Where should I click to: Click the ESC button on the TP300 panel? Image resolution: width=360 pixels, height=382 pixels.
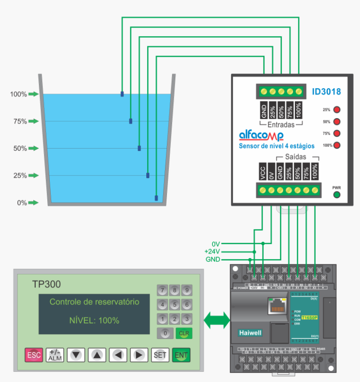[34, 355]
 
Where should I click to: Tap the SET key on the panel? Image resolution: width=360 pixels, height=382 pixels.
[160, 355]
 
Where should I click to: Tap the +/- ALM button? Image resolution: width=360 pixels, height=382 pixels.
[55, 355]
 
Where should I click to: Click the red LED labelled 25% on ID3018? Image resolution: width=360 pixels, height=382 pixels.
[337, 110]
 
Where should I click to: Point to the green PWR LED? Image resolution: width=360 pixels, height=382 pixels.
[336, 195]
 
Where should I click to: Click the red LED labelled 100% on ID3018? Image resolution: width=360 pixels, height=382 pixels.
[337, 145]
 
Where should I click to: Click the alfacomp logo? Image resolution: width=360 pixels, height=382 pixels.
[261, 136]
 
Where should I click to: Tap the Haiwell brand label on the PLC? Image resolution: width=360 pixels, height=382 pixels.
[250, 332]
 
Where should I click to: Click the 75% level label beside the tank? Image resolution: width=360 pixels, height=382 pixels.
[20, 122]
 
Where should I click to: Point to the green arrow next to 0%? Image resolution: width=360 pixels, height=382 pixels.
[33, 203]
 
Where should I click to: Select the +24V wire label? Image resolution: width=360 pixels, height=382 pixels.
[212, 252]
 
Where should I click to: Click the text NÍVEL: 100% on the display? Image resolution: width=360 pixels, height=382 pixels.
[95, 320]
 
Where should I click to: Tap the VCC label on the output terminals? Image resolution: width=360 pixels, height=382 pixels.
[263, 171]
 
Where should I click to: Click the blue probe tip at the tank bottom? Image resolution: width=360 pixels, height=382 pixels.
[156, 198]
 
